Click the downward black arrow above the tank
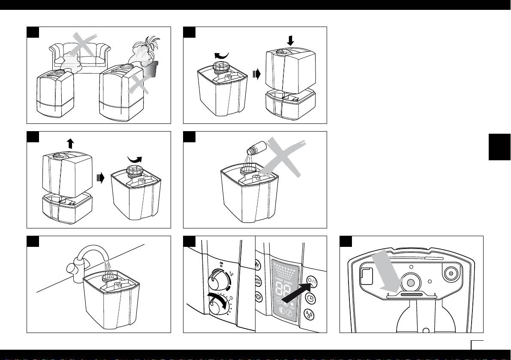(x=291, y=41)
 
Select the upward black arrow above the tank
(x=70, y=144)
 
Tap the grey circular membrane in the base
(x=410, y=282)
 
